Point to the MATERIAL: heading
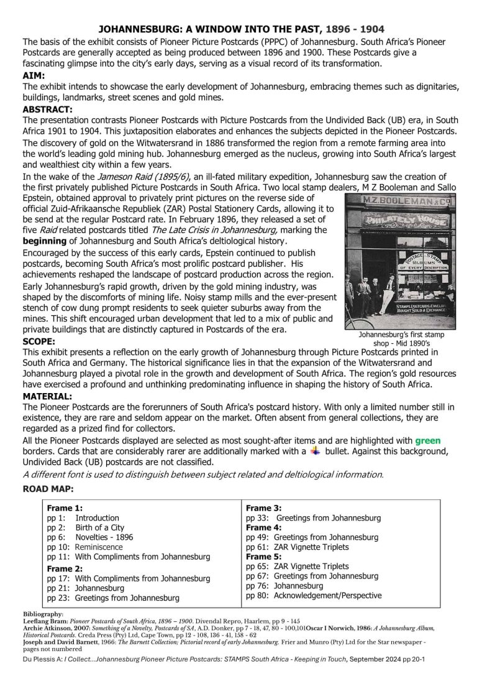tap(47, 396)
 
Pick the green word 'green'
tap(428, 440)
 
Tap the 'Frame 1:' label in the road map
tap(65, 507)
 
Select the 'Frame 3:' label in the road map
tap(263, 507)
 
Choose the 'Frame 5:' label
tap(263, 557)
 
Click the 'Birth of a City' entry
tap(99, 527)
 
